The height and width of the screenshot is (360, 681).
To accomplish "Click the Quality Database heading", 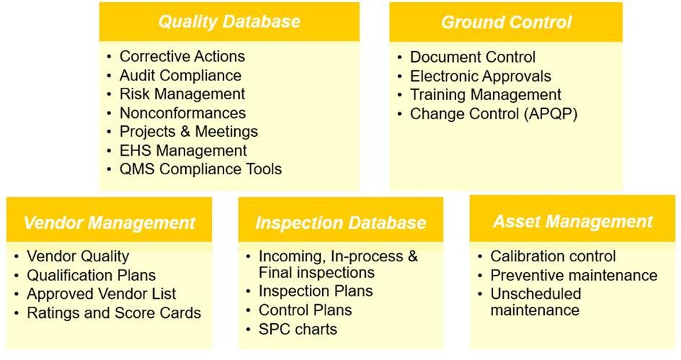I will (x=229, y=22).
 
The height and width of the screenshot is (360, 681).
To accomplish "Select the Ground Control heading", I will (x=506, y=22).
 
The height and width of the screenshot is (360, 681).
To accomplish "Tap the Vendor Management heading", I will (x=109, y=223).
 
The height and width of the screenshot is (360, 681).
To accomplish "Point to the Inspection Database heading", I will (x=340, y=223).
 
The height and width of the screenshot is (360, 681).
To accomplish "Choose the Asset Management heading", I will (x=573, y=221).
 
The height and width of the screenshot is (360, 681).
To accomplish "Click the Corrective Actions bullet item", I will (x=182, y=56).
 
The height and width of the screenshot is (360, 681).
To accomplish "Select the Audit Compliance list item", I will (x=180, y=76).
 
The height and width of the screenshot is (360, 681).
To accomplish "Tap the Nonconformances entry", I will (x=183, y=113).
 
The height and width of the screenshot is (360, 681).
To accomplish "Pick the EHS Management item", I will (x=183, y=150).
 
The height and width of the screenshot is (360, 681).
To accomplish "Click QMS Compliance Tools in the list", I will (x=200, y=169).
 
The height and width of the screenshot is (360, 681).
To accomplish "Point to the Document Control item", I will (x=473, y=57).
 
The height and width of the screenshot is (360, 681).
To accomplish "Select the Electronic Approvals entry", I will (x=480, y=76).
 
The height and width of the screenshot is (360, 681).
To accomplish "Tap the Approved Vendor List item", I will (x=101, y=294).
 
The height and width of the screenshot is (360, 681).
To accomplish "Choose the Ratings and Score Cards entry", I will (x=114, y=313).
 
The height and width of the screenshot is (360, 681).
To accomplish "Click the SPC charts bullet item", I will (x=298, y=329).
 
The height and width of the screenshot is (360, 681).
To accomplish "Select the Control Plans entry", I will (x=305, y=310).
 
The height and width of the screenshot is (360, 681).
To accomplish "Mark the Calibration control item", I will (x=553, y=257).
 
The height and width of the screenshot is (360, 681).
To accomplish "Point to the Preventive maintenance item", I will (x=573, y=276).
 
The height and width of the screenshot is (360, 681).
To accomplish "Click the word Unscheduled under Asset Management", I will (x=535, y=294).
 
